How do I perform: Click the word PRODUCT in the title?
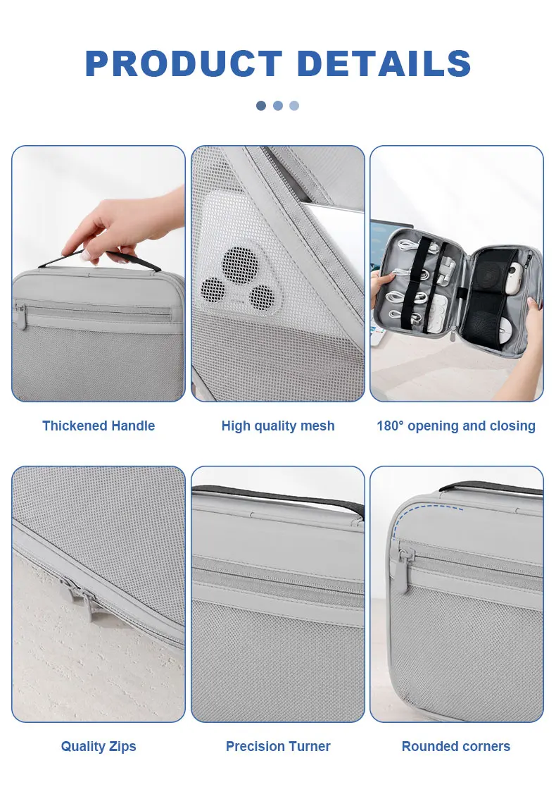pyautogui.click(x=183, y=64)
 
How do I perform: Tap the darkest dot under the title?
pyautogui.click(x=261, y=106)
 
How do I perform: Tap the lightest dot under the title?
pyautogui.click(x=294, y=106)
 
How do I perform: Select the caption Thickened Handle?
pyautogui.click(x=99, y=426)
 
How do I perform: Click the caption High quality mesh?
pyautogui.click(x=278, y=426)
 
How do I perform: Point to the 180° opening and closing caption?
pyautogui.click(x=456, y=426)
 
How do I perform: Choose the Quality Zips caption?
pyautogui.click(x=99, y=746)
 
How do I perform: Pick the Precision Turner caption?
pyautogui.click(x=278, y=746)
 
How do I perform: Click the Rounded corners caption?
pyautogui.click(x=456, y=746)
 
